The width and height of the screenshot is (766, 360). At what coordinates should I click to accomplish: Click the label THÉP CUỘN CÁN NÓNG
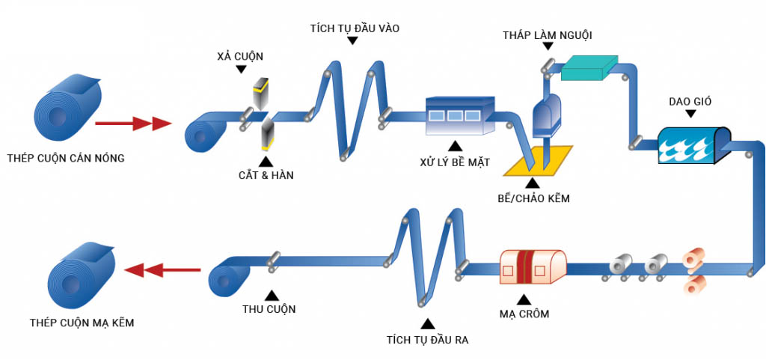(65, 158)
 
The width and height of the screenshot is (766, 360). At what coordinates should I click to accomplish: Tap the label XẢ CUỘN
(240, 56)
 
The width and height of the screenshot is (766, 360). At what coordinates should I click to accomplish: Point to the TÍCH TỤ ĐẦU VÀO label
(355, 28)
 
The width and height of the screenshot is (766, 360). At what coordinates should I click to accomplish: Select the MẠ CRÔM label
(524, 314)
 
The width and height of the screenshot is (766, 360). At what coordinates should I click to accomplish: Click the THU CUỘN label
(269, 309)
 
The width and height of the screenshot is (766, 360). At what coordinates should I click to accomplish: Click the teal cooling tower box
(588, 68)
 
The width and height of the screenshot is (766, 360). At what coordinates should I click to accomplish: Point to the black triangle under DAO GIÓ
(690, 114)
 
